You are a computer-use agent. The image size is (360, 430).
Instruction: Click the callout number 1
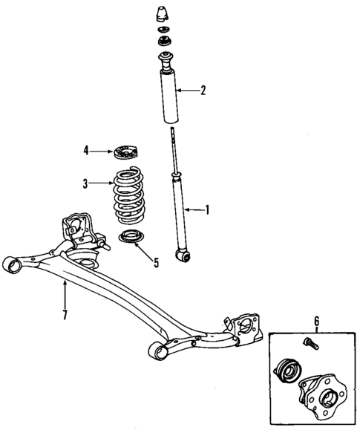[x=207, y=209]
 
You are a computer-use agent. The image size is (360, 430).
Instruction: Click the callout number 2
[x=204, y=91]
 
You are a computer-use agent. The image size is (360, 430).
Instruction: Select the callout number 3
[x=85, y=183]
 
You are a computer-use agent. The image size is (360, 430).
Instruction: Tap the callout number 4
[x=86, y=151]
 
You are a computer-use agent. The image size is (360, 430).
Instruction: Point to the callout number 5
[x=156, y=261]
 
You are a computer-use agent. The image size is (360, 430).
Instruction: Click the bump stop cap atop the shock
[x=163, y=14]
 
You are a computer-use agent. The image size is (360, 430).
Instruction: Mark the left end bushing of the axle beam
[x=11, y=263]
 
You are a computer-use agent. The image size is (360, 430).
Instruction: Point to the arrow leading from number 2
[x=190, y=91]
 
